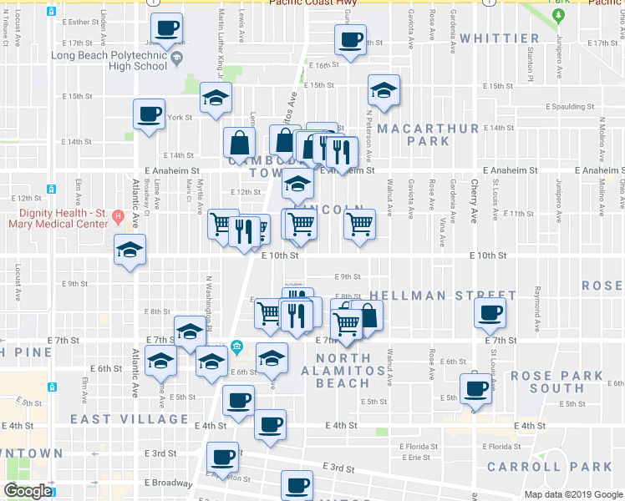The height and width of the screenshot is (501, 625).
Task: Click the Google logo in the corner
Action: pos(27,491)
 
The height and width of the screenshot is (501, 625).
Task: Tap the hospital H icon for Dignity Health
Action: pos(119,218)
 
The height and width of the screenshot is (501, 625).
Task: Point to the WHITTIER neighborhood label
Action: pos(499,38)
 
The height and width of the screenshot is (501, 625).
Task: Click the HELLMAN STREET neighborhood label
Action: pos(437,296)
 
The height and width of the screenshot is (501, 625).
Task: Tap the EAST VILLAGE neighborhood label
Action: pos(130,419)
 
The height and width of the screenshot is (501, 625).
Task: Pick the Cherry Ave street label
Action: pos(474,197)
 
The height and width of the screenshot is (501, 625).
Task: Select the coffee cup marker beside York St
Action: pos(150,114)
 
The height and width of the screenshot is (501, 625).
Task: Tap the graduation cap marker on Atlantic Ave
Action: pos(130,250)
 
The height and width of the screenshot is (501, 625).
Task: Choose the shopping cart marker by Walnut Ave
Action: pos(359,223)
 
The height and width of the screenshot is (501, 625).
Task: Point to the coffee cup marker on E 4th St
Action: pos(270,423)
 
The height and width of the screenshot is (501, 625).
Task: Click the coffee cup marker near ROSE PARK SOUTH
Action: pos(476,387)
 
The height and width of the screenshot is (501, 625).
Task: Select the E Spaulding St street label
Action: pos(570,107)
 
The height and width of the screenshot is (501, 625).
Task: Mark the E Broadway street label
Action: pos(169,483)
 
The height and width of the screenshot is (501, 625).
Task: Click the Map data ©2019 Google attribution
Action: pos(572,494)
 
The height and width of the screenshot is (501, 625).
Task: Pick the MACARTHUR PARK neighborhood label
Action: pos(428,134)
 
